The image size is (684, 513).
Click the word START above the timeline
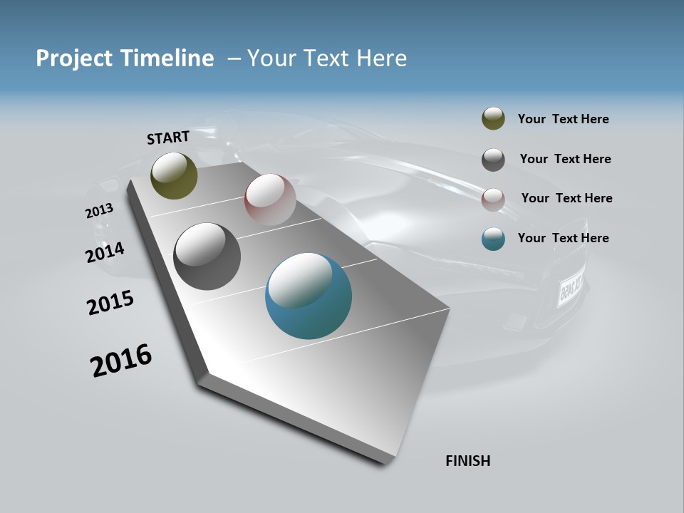tap(168, 138)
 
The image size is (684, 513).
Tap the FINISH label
tap(467, 461)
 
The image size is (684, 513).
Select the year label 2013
tap(99, 211)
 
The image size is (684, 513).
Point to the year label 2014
tap(105, 253)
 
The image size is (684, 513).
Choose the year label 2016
tap(121, 361)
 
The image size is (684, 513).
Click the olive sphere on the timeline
tap(174, 175)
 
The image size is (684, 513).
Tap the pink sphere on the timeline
tap(270, 199)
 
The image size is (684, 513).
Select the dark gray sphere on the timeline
tap(207, 256)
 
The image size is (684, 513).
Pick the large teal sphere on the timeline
tap(308, 296)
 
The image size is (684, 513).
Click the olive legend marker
tap(493, 119)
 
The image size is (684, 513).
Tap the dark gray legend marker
tap(493, 159)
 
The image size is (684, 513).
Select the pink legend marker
tap(493, 199)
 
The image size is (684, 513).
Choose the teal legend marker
tap(493, 239)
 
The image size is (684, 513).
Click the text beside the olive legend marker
tap(563, 119)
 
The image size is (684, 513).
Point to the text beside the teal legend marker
tap(563, 238)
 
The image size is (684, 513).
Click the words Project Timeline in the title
tap(125, 58)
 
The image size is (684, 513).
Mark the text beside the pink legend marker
tap(566, 198)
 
